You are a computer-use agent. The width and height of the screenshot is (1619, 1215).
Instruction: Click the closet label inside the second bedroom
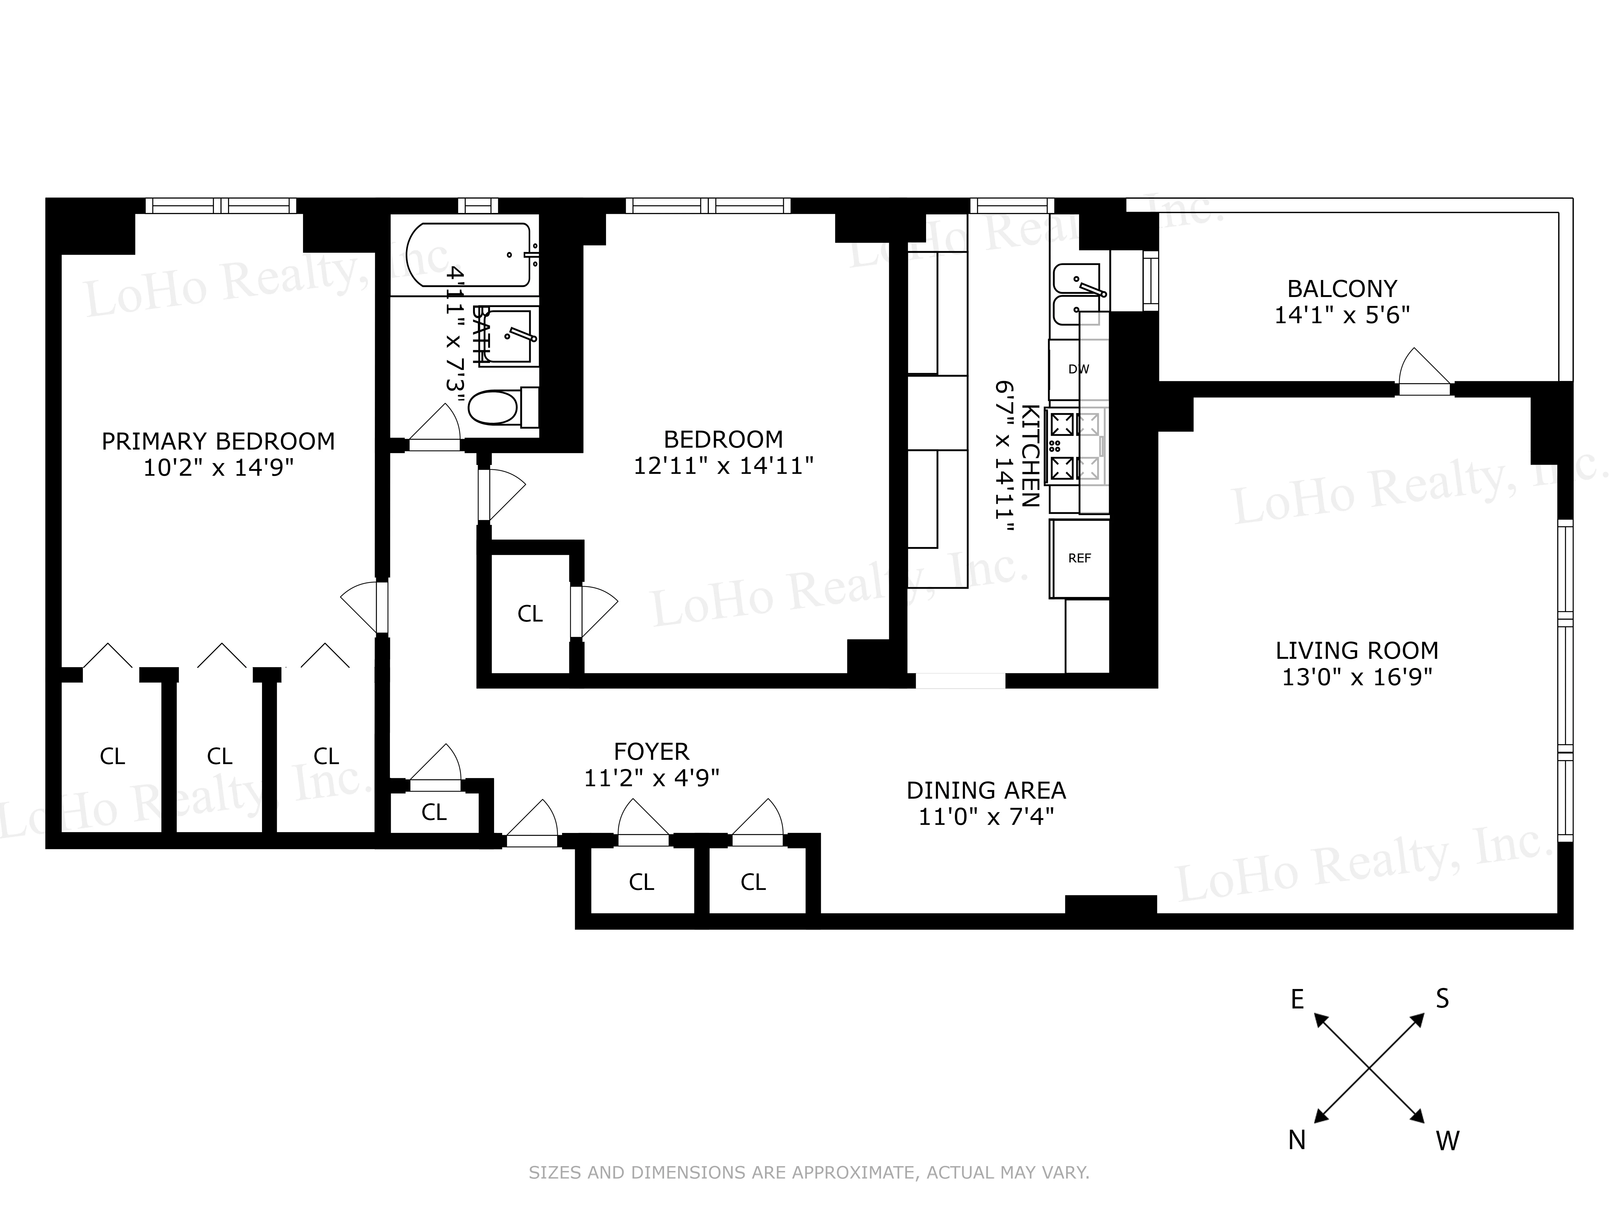[x=530, y=614]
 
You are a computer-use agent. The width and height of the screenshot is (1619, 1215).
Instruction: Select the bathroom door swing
[x=436, y=428]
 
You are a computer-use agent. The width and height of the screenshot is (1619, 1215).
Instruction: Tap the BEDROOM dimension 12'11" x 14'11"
[x=723, y=466]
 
